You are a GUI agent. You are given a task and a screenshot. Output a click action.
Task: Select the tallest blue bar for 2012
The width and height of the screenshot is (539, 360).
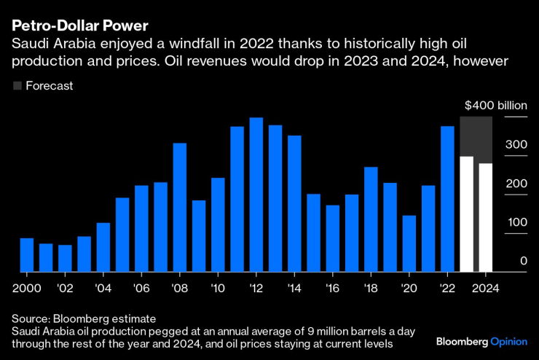pyautogui.click(x=256, y=195)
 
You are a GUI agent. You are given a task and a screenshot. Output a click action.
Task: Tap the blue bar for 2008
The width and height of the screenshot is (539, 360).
pyautogui.click(x=179, y=207)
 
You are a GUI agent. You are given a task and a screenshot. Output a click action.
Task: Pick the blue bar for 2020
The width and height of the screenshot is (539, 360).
pyautogui.click(x=409, y=243)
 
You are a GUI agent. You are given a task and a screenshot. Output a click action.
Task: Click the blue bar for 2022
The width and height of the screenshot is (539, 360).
pyautogui.click(x=447, y=198)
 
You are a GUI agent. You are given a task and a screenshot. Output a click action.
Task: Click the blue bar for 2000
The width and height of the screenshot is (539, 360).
pyautogui.click(x=26, y=254)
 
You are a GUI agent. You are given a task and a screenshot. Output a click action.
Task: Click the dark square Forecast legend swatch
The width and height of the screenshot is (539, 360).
pyautogui.click(x=17, y=86)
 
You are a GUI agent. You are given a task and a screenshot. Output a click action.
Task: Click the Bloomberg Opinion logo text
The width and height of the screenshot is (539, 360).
pyautogui.click(x=481, y=341)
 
